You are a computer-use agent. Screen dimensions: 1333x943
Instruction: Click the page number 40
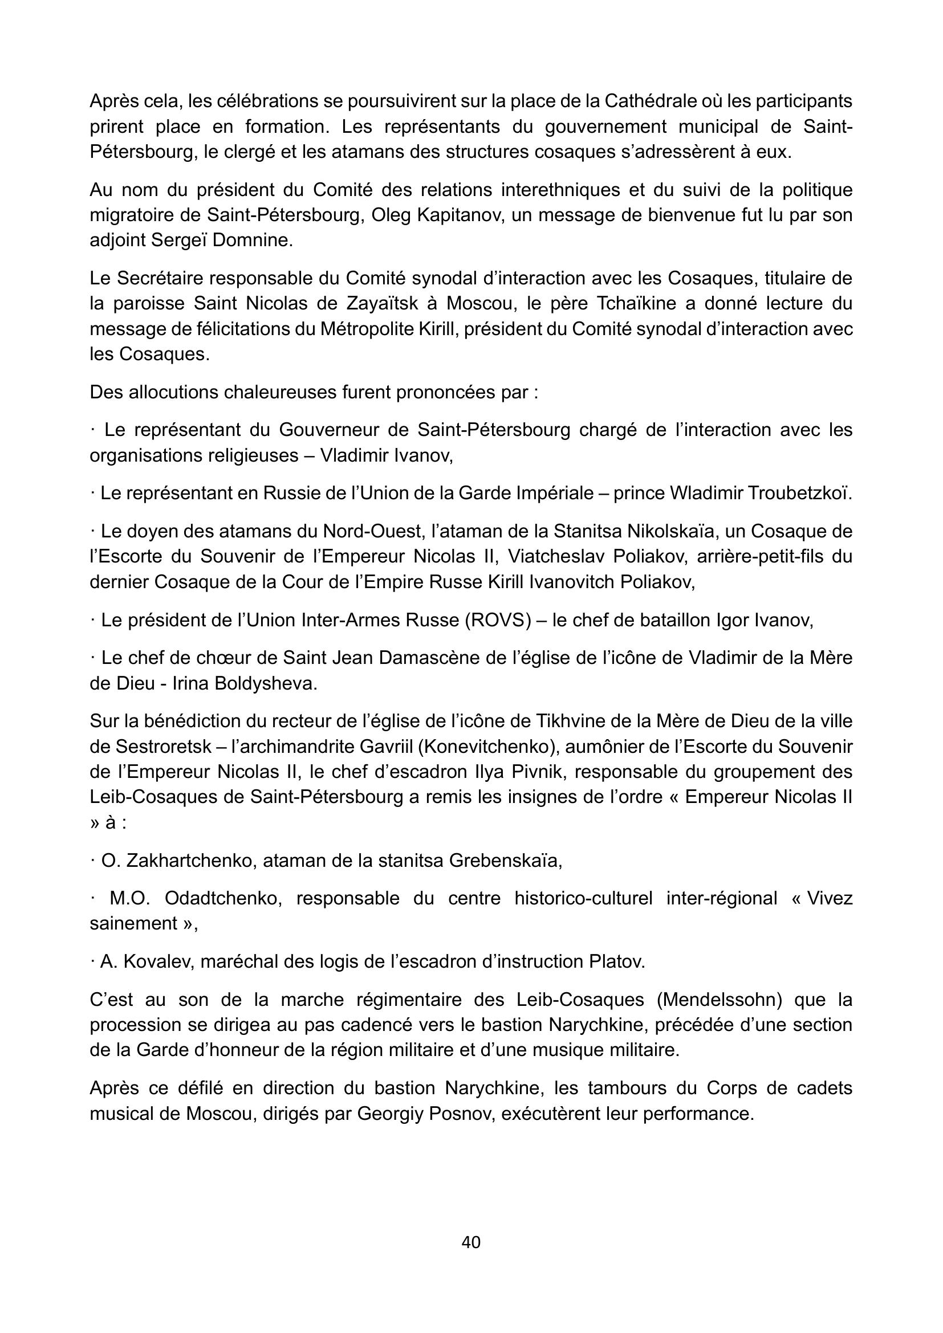[x=471, y=1242]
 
